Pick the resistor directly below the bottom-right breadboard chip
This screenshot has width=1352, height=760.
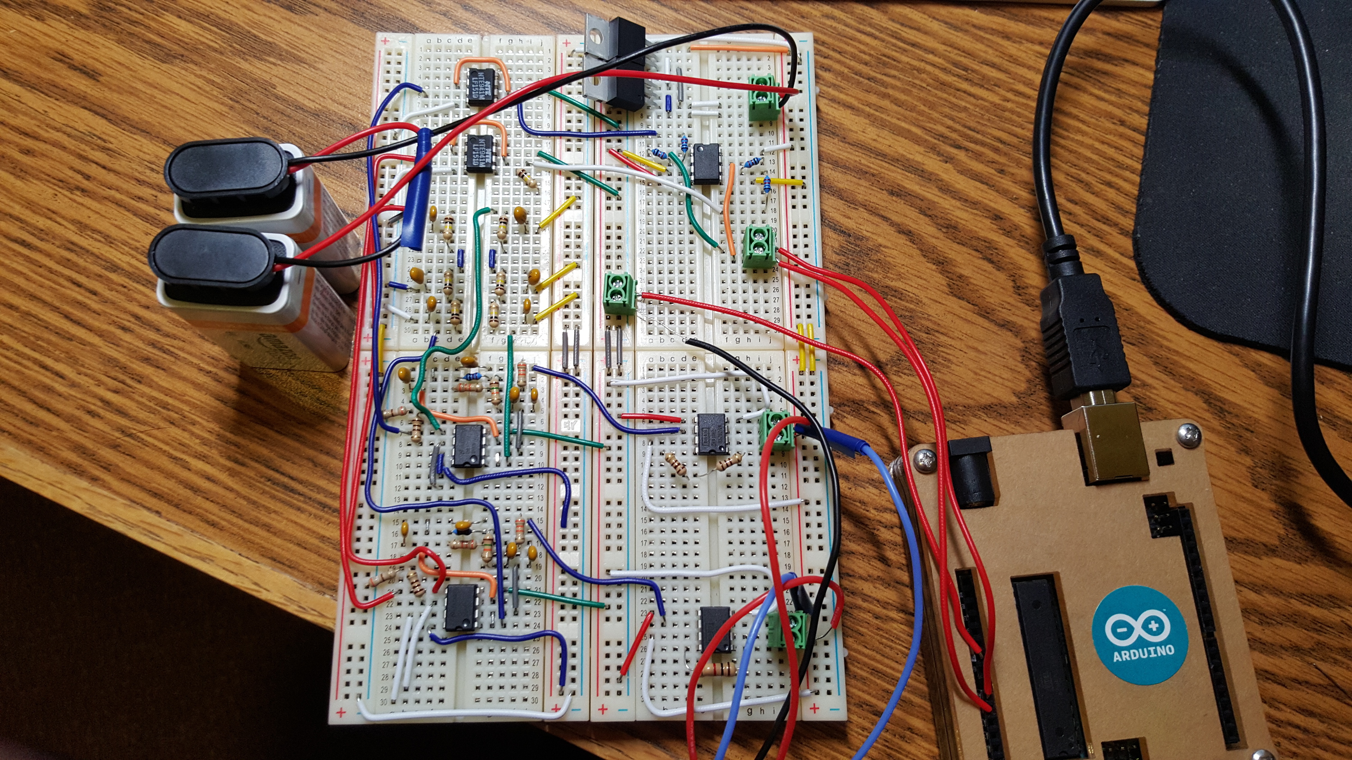(719, 670)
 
